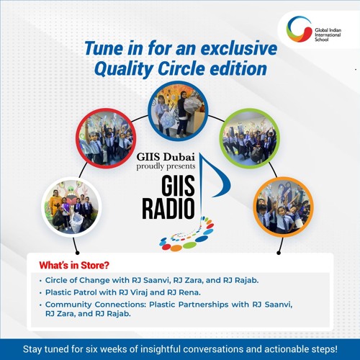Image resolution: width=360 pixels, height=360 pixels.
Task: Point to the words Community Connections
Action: click(90, 305)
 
